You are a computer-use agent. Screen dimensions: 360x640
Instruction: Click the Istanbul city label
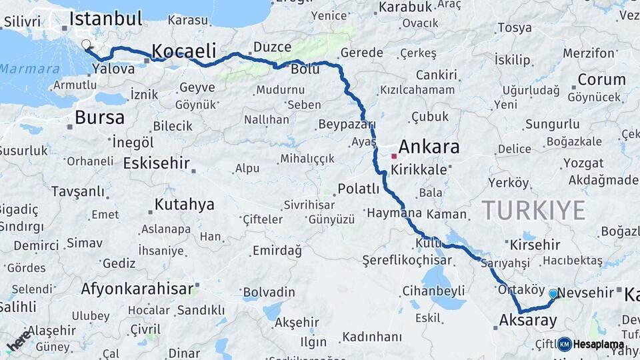pyautogui.click(x=105, y=18)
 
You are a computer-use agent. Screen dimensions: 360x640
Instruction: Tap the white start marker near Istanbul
pyautogui.click(x=86, y=45)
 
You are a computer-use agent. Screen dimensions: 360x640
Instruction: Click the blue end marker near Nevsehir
pyautogui.click(x=553, y=293)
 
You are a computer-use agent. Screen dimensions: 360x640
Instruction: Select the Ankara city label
pyautogui.click(x=429, y=147)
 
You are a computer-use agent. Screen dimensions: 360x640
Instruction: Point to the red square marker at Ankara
pyautogui.click(x=394, y=156)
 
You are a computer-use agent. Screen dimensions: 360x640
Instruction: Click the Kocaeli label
pyautogui.click(x=184, y=51)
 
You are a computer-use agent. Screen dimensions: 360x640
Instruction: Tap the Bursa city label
pyautogui.click(x=99, y=118)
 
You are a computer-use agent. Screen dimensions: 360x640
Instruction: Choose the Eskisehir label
pyautogui.click(x=157, y=163)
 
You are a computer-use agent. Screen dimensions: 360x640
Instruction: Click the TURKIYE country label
pyautogui.click(x=533, y=210)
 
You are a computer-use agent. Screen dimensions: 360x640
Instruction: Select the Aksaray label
pyautogui.click(x=528, y=321)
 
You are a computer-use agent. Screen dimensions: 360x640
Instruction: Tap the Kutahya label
pyautogui.click(x=184, y=204)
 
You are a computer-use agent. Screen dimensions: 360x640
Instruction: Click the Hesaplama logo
pyautogui.click(x=591, y=344)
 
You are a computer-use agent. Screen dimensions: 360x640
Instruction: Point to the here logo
pyautogui.click(x=19, y=341)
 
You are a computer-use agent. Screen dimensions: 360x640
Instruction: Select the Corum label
pyautogui.click(x=601, y=80)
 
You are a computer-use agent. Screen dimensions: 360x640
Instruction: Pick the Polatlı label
pyautogui.click(x=359, y=189)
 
